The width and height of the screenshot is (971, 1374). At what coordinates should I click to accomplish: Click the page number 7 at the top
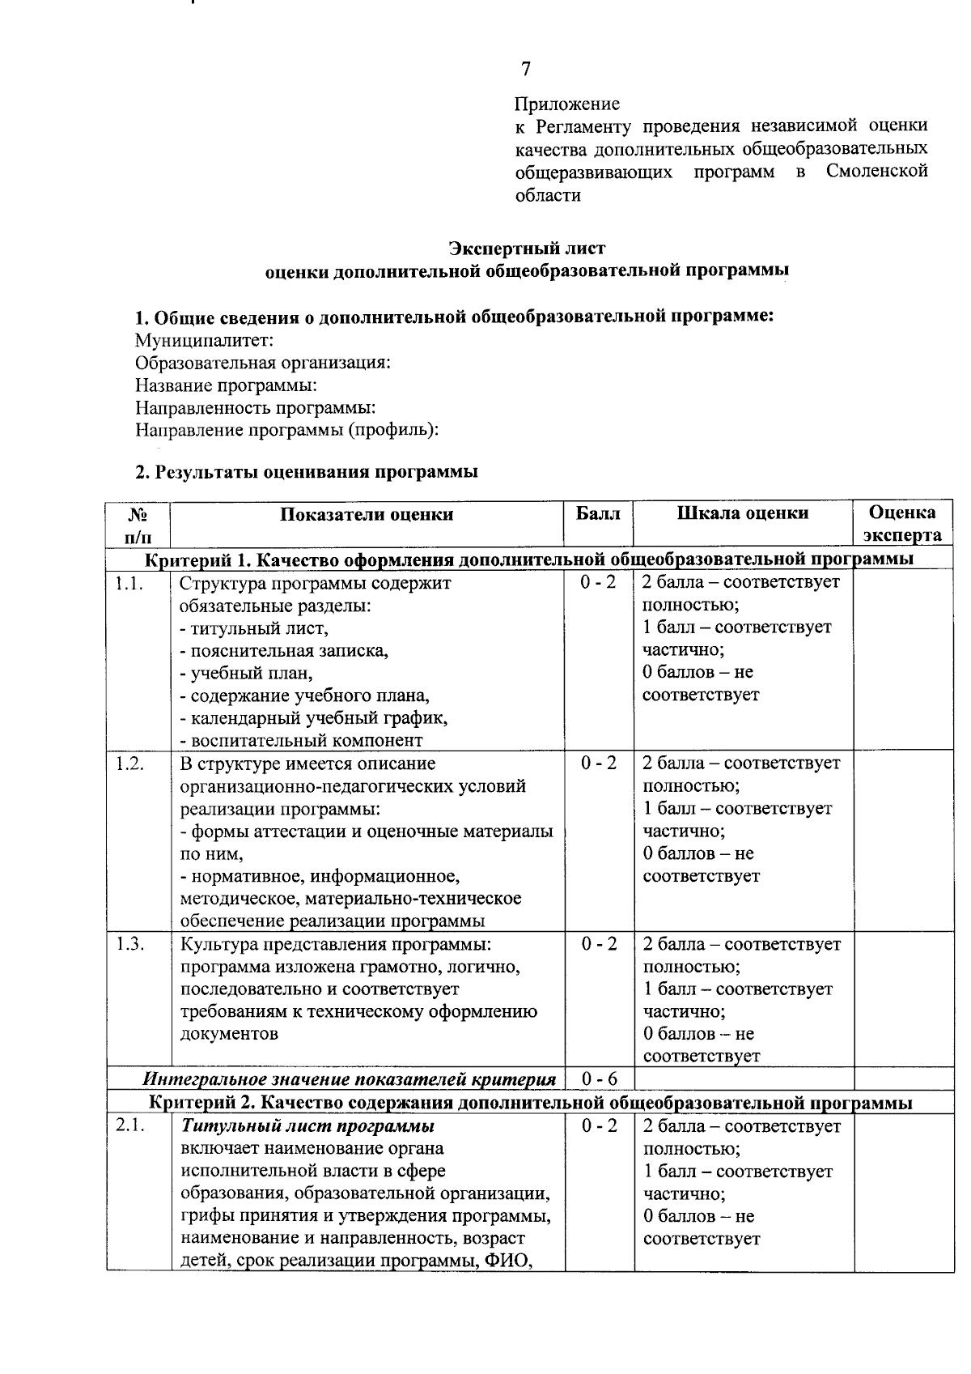(x=526, y=69)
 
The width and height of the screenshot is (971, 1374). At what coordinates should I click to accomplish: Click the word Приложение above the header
(x=567, y=104)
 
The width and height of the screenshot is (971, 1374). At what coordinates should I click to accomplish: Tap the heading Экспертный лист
(x=527, y=248)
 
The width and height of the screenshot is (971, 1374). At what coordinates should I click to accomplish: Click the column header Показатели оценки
(x=367, y=514)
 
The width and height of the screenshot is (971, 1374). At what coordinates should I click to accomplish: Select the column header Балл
(x=598, y=513)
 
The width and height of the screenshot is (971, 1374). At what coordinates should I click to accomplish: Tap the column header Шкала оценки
(x=742, y=513)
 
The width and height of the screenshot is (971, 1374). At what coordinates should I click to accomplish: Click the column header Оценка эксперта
(x=902, y=523)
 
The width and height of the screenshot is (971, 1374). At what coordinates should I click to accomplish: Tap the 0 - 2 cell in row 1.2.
(x=599, y=764)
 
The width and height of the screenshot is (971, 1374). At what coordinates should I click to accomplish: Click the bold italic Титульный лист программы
(x=307, y=1126)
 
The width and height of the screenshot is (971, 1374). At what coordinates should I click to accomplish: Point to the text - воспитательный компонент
(x=301, y=740)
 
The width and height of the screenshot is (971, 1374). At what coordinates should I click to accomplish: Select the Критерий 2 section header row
(x=531, y=1103)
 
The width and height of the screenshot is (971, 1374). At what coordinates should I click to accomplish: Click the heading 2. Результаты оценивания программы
(x=306, y=472)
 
